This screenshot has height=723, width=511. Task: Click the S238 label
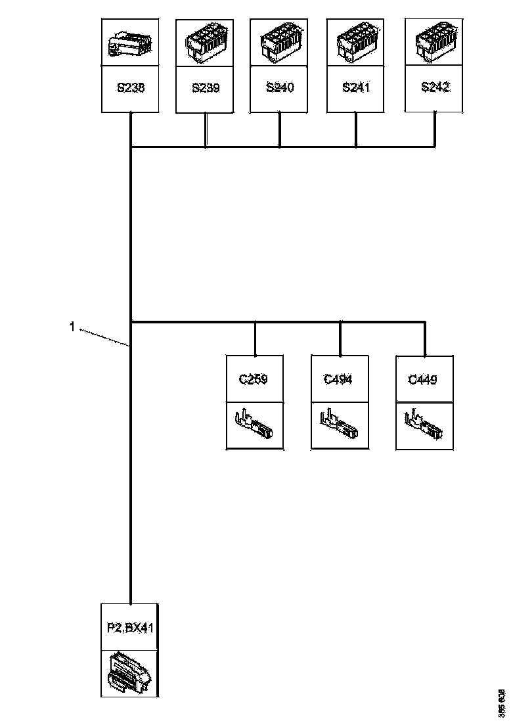pyautogui.click(x=130, y=87)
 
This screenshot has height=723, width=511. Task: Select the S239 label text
pyautogui.click(x=206, y=87)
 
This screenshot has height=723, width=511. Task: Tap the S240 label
pyautogui.click(x=280, y=87)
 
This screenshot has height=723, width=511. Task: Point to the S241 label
pyautogui.click(x=356, y=87)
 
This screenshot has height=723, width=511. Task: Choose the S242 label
pyautogui.click(x=433, y=87)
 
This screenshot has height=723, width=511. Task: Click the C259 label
pyautogui.click(x=254, y=379)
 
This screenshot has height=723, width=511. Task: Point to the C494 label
pyautogui.click(x=339, y=379)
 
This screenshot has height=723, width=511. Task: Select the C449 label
pyautogui.click(x=424, y=379)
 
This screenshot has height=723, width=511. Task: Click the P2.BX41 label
pyautogui.click(x=130, y=628)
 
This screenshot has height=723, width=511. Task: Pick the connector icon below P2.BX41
pyautogui.click(x=130, y=672)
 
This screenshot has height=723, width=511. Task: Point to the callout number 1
pyautogui.click(x=72, y=326)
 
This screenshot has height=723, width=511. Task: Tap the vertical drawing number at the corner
pyautogui.click(x=502, y=703)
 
